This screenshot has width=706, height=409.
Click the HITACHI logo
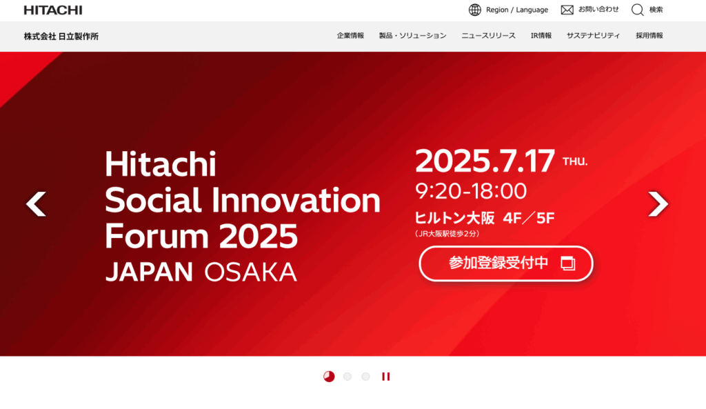coord(53,10)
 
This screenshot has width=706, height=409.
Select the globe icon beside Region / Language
coord(474,10)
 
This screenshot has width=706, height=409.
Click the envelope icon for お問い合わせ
coord(567,10)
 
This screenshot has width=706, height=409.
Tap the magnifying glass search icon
coord(638,10)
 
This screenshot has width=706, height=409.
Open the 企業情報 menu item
coord(350,36)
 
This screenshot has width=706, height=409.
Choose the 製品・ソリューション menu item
coord(412,36)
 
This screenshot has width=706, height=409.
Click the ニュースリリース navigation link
coord(489,36)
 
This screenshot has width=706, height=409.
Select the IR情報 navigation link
coord(541,36)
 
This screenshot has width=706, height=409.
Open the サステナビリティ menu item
coord(594,36)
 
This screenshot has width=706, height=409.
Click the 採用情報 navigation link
coord(649,36)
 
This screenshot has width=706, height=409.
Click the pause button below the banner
coord(386,377)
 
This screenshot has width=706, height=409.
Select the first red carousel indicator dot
coord(329,377)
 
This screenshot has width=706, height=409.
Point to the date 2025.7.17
coord(485,161)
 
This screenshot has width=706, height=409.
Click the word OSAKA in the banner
coord(251,272)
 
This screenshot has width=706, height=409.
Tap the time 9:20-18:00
coord(471,191)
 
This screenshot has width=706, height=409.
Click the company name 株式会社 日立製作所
coord(61,37)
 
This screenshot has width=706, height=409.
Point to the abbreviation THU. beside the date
coord(575,161)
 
